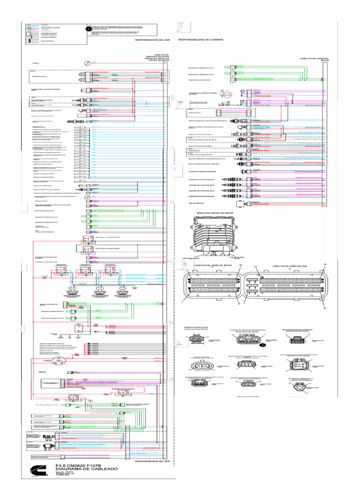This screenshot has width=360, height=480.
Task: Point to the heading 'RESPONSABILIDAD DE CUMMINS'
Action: (x=201, y=40)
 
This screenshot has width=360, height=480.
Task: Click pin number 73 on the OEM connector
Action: (x=256, y=268)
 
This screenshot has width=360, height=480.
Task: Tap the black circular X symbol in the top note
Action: (x=88, y=29)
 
